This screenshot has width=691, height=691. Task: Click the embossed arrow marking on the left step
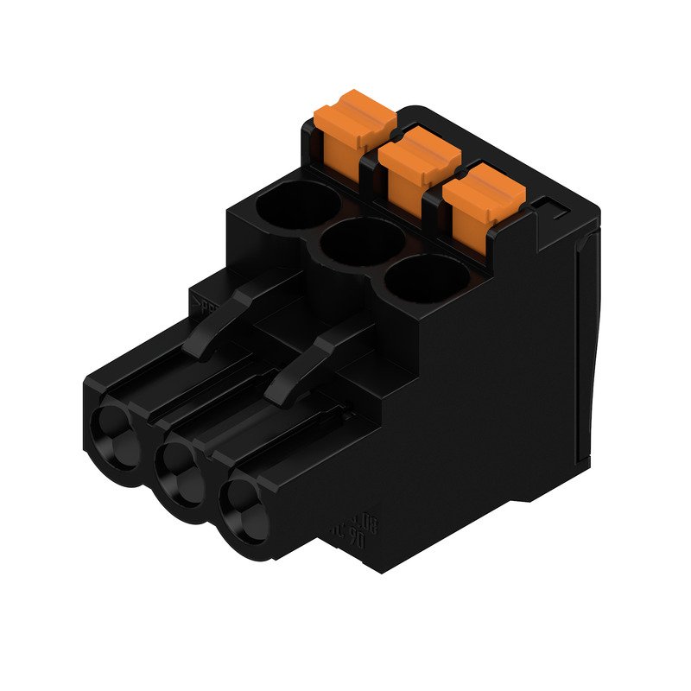(x=205, y=303)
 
